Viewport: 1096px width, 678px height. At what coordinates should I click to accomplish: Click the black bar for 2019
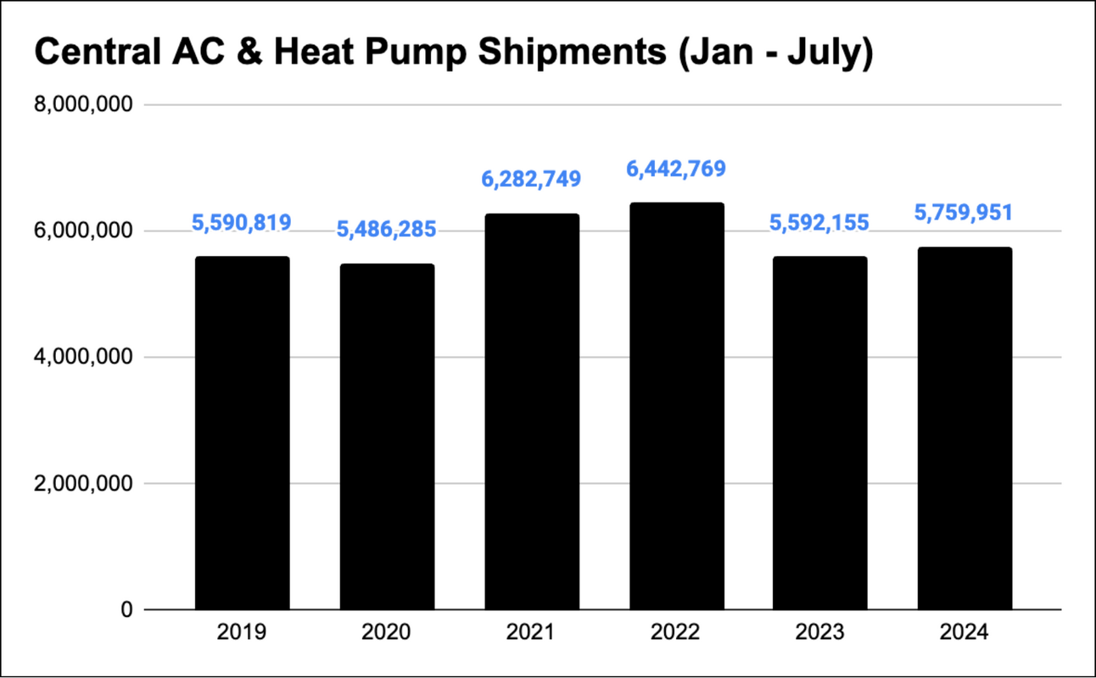pos(242,432)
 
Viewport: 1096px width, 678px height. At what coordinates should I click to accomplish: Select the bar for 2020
pos(387,436)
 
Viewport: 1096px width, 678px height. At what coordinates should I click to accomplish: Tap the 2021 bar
pos(532,411)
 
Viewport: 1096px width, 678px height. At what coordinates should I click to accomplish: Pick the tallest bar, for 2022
pos(676,406)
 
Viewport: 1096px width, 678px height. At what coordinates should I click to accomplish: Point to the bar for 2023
pos(820,432)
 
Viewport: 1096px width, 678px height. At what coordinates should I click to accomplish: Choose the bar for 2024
pos(965,428)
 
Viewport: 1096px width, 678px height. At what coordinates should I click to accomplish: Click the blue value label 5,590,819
pos(242,223)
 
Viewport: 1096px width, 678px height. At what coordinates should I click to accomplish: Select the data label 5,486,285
pos(387,230)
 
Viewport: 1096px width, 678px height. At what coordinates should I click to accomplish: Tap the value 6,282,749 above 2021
pos(532,179)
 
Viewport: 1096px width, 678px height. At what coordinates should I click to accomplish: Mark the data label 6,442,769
pos(676,169)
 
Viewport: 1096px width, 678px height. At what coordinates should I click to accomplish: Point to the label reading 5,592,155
pos(820,223)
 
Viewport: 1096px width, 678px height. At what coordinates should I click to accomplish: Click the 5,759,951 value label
pos(965,212)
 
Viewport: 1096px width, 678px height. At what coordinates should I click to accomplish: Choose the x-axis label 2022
pos(676,633)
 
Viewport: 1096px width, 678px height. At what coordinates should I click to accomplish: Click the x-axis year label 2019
pos(242,633)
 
